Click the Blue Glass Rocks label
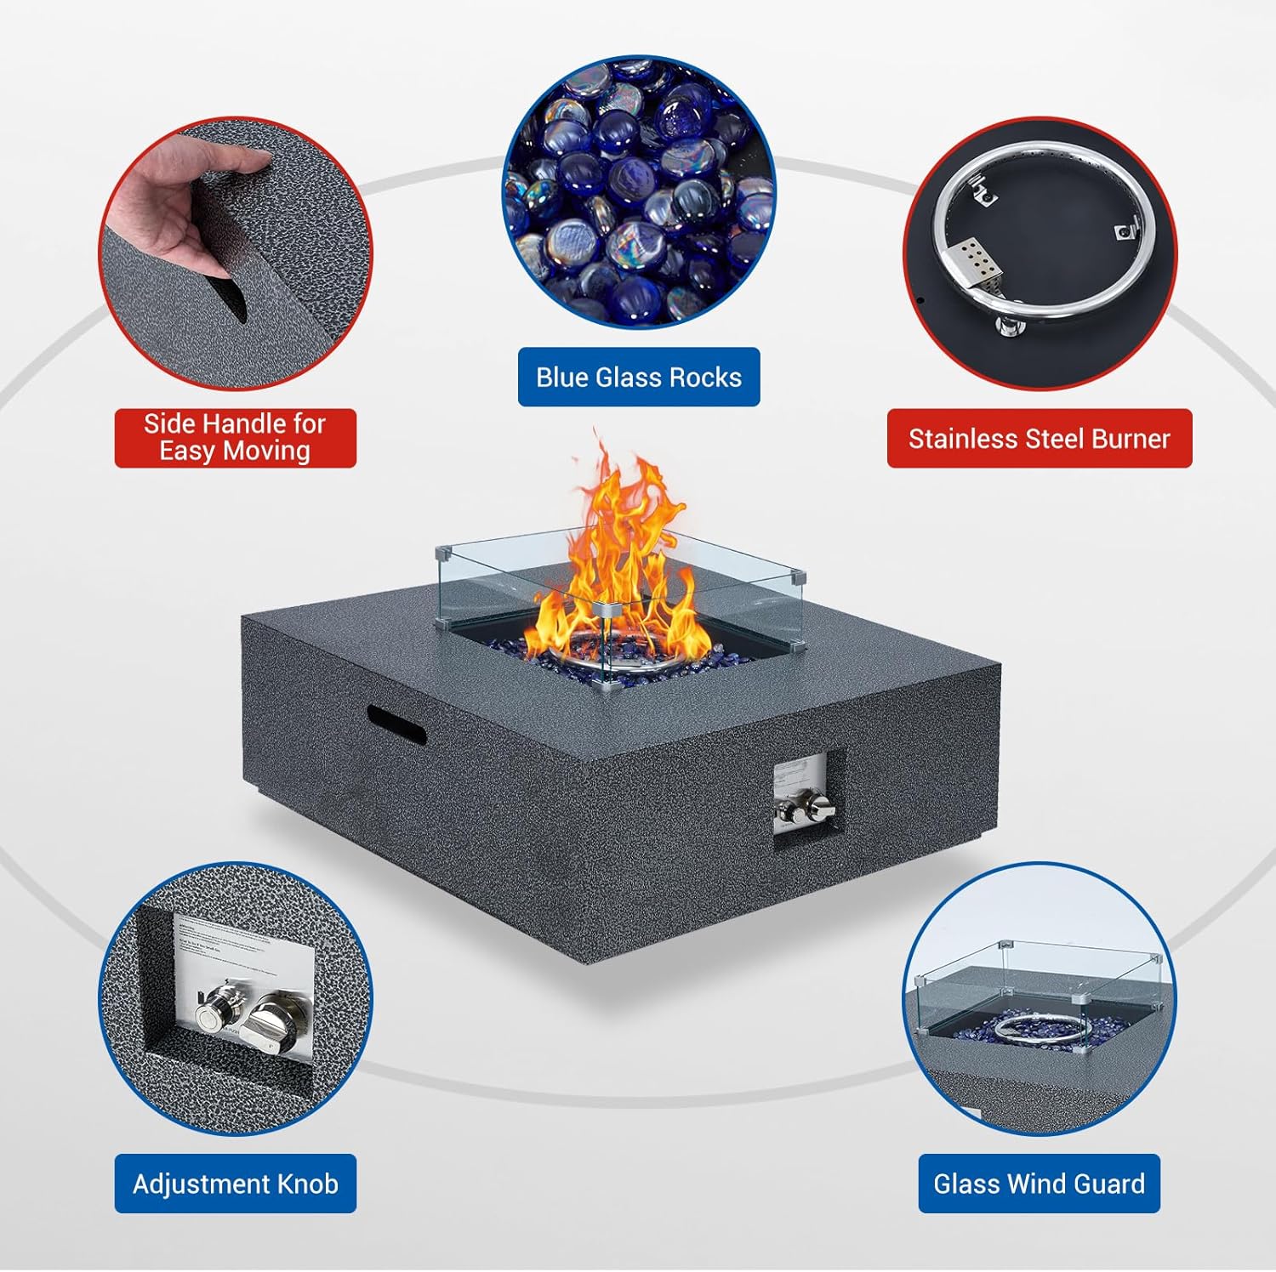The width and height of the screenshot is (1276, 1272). point(639,377)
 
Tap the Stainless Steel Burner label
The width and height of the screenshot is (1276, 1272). point(1039,439)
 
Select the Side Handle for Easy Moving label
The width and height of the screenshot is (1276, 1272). point(235,437)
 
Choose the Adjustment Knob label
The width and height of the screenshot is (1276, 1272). point(236,1184)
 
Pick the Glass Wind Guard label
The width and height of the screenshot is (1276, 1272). point(1039,1184)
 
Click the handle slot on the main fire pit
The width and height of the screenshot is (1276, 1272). point(396,722)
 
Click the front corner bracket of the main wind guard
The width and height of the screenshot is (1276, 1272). point(606,610)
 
